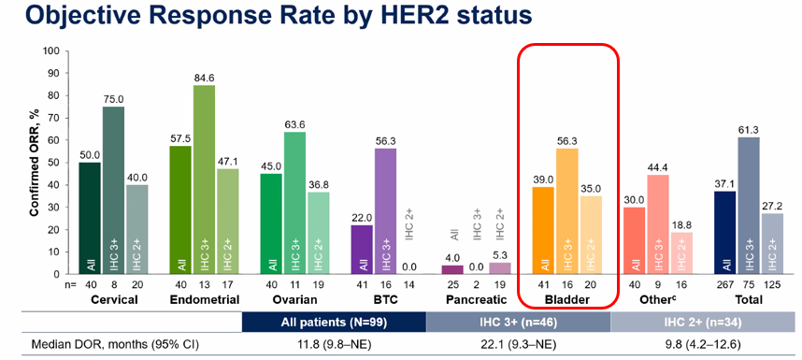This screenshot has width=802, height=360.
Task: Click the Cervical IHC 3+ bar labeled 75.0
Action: (x=112, y=190)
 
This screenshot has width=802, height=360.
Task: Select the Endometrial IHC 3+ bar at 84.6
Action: (x=204, y=180)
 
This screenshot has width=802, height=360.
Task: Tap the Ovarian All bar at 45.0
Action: (x=272, y=224)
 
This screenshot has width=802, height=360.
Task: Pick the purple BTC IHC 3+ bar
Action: (x=385, y=211)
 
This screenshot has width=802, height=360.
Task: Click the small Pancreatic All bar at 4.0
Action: (x=453, y=270)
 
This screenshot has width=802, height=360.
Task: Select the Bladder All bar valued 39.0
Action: (x=544, y=231)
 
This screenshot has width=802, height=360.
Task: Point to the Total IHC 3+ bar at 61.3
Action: (x=749, y=206)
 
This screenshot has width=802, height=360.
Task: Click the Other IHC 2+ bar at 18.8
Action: (x=680, y=253)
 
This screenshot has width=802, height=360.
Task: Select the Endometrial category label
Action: (x=204, y=300)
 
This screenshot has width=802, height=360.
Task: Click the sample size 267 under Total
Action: (x=725, y=285)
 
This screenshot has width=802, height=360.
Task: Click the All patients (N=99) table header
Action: (x=334, y=324)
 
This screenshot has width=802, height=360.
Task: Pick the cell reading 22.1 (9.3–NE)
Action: (x=518, y=345)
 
